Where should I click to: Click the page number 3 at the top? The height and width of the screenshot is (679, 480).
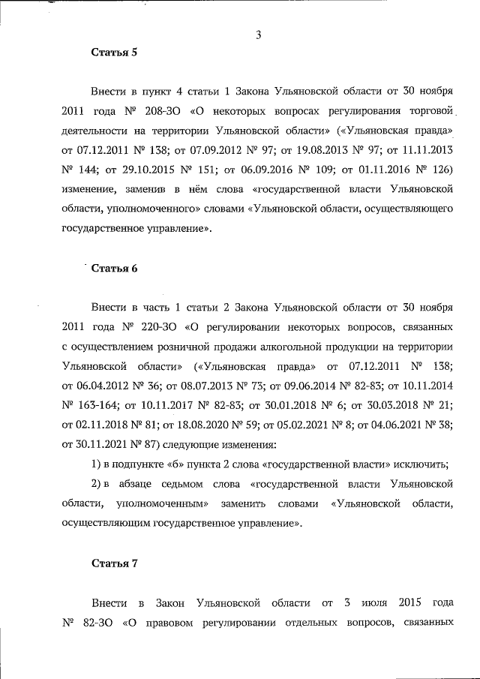(258, 34)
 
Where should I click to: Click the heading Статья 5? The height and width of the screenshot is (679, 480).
(114, 53)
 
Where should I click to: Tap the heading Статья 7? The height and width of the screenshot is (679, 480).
(114, 564)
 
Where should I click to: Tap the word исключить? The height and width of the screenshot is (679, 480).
(423, 464)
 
